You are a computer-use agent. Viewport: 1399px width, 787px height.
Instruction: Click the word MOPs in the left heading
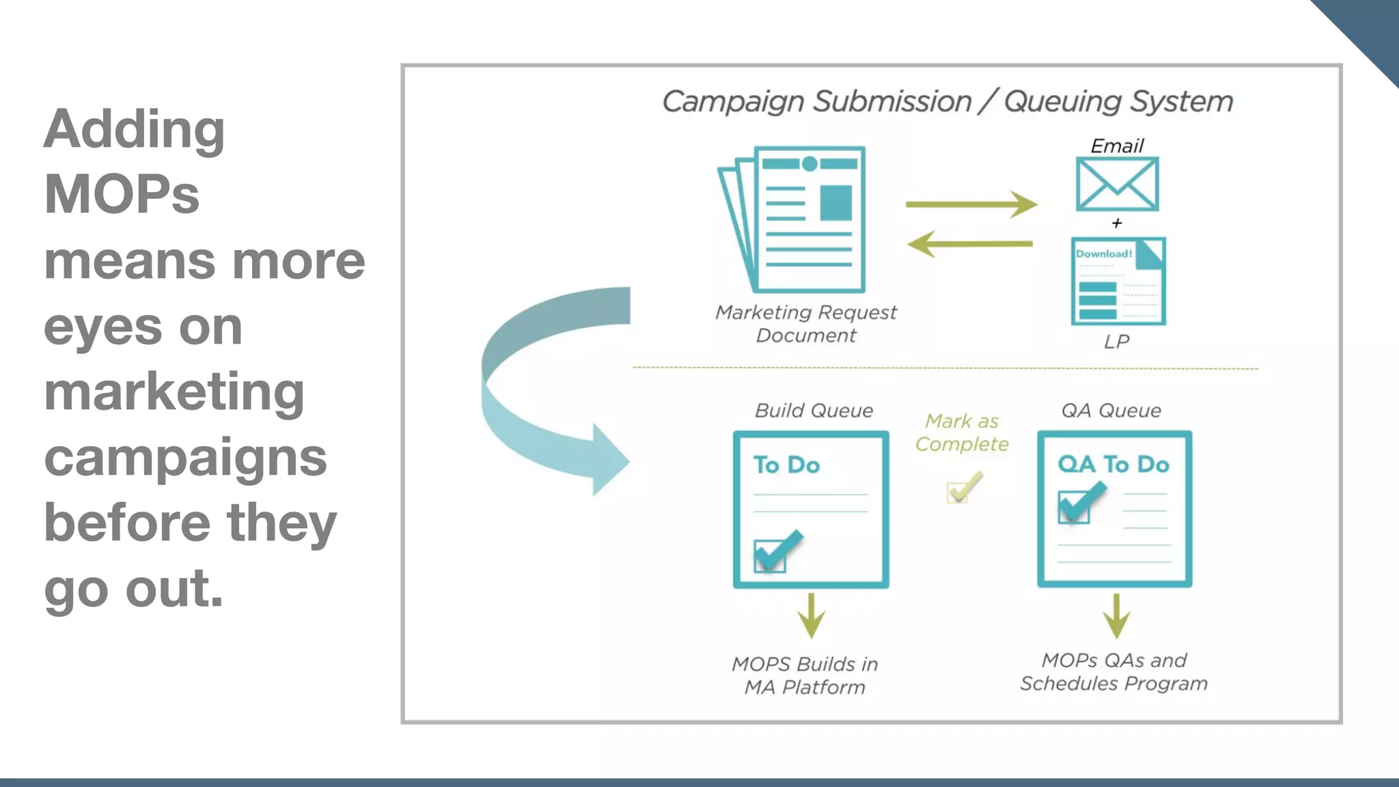pyautogui.click(x=122, y=195)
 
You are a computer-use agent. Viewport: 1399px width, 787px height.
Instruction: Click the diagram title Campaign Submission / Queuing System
pyautogui.click(x=947, y=102)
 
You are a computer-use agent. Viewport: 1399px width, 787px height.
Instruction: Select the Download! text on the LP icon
pyautogui.click(x=1103, y=254)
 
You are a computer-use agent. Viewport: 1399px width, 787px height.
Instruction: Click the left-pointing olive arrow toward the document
pyautogui.click(x=970, y=243)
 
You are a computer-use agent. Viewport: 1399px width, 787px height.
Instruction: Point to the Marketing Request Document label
pyautogui.click(x=806, y=324)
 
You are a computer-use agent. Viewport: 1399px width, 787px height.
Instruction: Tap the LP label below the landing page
pyautogui.click(x=1116, y=342)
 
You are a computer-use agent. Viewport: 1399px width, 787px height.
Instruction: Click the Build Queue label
pyautogui.click(x=814, y=411)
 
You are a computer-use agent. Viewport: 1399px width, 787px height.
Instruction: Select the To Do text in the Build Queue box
pyautogui.click(x=786, y=465)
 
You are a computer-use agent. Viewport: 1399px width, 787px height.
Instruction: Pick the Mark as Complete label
pyautogui.click(x=962, y=432)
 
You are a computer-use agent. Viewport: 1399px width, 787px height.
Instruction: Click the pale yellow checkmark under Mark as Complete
pyautogui.click(x=964, y=487)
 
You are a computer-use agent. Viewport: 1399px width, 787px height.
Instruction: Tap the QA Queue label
pyautogui.click(x=1111, y=411)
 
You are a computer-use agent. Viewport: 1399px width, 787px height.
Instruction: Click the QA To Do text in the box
pyautogui.click(x=1113, y=465)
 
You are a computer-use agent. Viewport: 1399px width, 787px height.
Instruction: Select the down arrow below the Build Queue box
pyautogui.click(x=811, y=616)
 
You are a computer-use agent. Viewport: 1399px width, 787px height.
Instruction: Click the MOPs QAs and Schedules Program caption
pyautogui.click(x=1113, y=672)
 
